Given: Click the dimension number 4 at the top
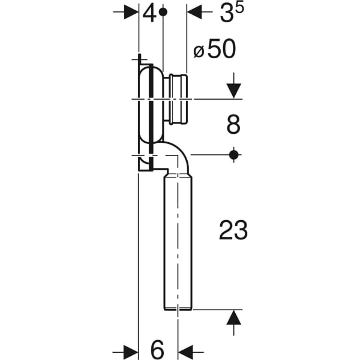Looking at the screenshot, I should click(149, 13).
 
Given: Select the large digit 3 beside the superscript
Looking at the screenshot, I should click(226, 13).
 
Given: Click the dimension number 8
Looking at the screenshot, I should click(233, 125).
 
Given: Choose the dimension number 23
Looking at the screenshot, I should click(233, 230).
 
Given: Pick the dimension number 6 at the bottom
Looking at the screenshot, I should click(156, 349).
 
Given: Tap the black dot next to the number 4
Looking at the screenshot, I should click(163, 12).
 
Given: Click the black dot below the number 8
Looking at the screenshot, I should click(234, 155).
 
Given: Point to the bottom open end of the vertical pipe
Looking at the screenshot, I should click(178, 308).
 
